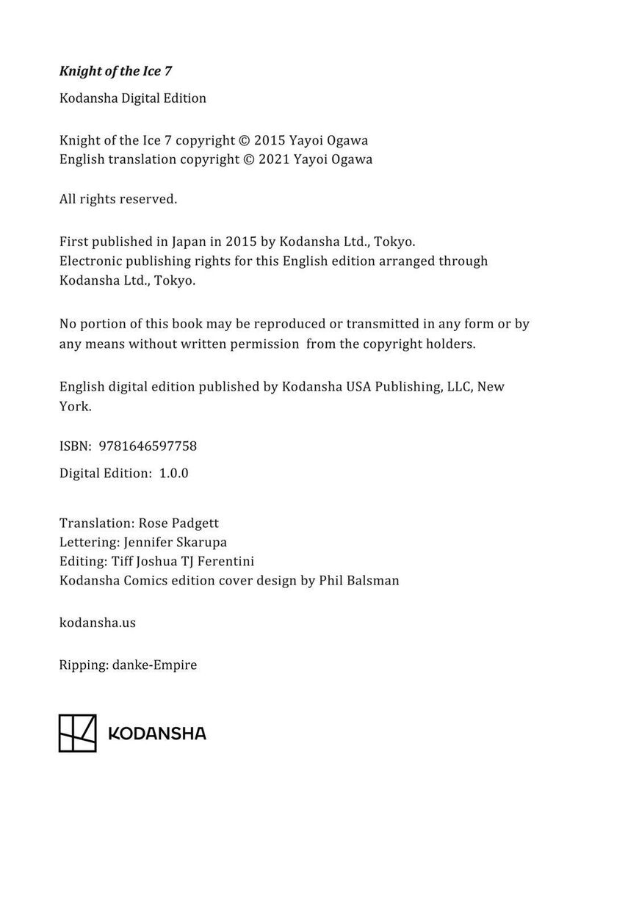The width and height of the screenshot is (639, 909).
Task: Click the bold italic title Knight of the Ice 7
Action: (x=115, y=71)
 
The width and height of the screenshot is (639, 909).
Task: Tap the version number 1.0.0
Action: (x=173, y=473)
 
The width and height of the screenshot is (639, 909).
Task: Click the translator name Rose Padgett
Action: (x=178, y=523)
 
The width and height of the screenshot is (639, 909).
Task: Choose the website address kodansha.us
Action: (x=97, y=623)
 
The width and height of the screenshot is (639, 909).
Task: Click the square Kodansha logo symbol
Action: (x=77, y=733)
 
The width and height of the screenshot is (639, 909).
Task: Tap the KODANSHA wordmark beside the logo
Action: (x=157, y=734)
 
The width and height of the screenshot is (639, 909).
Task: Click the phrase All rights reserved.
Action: (x=118, y=198)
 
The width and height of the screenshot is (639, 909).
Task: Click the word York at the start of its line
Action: (x=75, y=406)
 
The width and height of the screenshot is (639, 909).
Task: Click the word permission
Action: (x=261, y=343)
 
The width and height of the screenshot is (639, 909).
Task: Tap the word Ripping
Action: (x=83, y=664)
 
